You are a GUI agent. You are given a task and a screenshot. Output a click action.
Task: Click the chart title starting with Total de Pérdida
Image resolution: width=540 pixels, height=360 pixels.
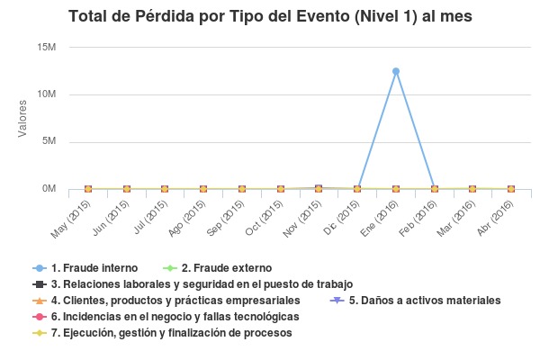click(270, 16)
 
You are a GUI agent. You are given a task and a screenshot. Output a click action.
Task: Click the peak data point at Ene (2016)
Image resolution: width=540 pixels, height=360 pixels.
click(396, 71)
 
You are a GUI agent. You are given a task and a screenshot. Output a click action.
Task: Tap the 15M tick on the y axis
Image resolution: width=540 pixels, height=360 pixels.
click(46, 47)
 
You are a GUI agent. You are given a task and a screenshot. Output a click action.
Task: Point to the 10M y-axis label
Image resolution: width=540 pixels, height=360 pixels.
click(46, 94)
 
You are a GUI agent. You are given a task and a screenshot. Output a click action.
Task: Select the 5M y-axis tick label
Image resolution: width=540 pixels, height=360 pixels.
click(49, 141)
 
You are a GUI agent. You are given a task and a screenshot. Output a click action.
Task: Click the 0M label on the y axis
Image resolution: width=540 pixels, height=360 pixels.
click(49, 189)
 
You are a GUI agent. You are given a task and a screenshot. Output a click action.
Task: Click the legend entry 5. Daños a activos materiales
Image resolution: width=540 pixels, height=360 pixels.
click(424, 301)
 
